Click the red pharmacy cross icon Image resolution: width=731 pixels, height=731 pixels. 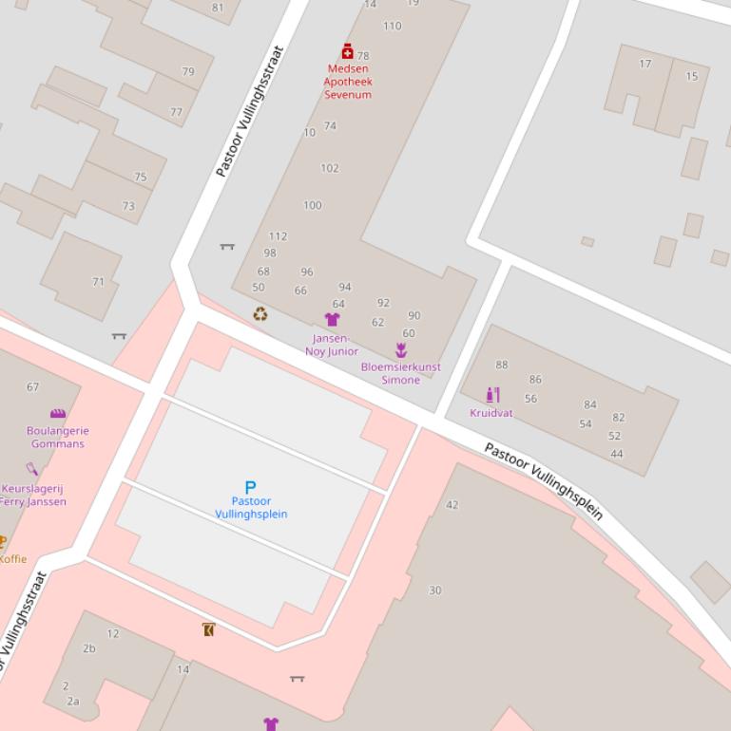(x=348, y=51)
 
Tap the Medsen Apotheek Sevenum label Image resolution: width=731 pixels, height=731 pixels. (x=348, y=82)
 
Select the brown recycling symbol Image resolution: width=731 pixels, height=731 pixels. (x=260, y=314)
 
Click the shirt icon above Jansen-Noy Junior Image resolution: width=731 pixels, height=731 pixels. (x=332, y=320)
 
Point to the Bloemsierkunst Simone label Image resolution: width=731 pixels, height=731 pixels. (x=400, y=373)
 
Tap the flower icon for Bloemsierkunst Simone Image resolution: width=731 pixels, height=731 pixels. (x=401, y=351)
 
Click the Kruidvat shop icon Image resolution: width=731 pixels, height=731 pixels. (x=491, y=395)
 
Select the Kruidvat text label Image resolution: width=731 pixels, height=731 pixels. (x=491, y=413)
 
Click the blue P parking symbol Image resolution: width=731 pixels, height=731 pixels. (x=251, y=487)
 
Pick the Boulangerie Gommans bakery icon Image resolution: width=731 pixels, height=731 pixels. (x=58, y=414)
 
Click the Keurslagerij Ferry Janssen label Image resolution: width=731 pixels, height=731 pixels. (x=33, y=496)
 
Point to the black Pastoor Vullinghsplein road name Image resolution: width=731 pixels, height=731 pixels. (x=544, y=481)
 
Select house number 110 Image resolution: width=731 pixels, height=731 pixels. (x=392, y=26)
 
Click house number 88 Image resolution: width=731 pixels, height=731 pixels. (x=502, y=365)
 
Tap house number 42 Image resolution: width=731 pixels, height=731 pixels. (x=452, y=505)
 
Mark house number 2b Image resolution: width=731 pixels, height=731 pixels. (x=89, y=648)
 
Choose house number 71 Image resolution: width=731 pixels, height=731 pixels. (x=98, y=282)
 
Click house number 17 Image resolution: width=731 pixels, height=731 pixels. (x=645, y=64)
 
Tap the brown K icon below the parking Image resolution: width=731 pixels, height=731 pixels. (x=208, y=629)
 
